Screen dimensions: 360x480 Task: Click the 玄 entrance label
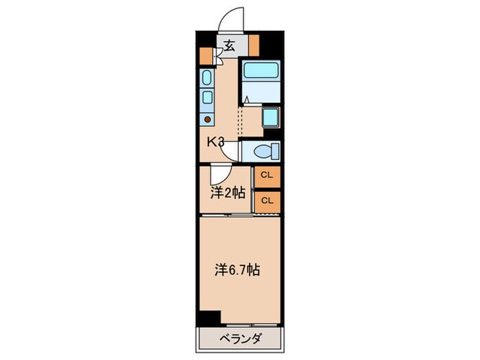pyautogui.click(x=229, y=47)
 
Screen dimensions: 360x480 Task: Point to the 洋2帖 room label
pyautogui.click(x=227, y=193)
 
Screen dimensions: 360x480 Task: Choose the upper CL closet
pyautogui.click(x=267, y=175)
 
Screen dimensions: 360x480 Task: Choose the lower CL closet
pyautogui.click(x=267, y=200)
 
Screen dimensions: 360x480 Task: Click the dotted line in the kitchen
pyautogui.click(x=240, y=121)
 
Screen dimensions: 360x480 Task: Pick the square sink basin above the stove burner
pyautogui.click(x=208, y=98)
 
